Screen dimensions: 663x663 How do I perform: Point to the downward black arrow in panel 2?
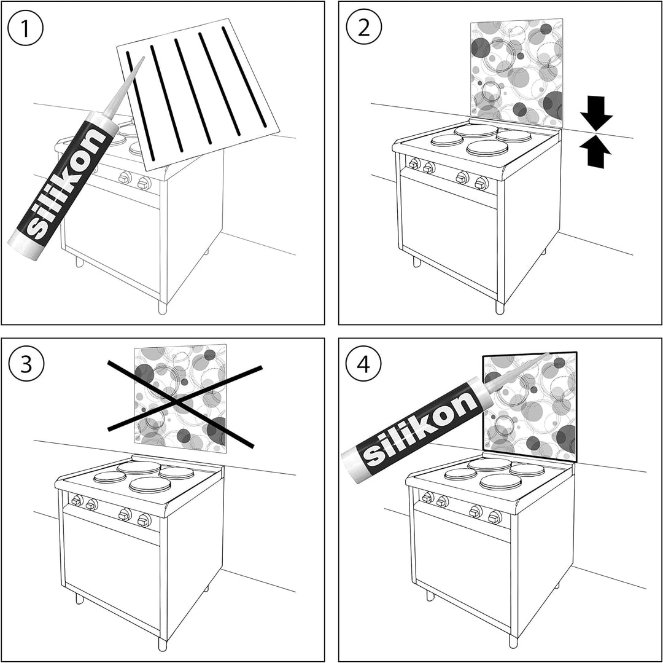click(x=596, y=112)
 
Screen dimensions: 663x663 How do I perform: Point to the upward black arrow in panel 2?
click(x=596, y=151)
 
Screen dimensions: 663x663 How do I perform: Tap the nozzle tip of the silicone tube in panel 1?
click(x=143, y=58)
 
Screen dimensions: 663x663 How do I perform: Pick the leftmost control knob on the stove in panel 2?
click(x=414, y=163)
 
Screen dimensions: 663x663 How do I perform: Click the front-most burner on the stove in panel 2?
click(x=487, y=148)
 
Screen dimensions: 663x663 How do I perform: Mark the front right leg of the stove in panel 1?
click(x=163, y=307)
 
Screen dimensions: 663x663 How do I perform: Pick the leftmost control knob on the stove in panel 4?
click(x=427, y=498)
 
